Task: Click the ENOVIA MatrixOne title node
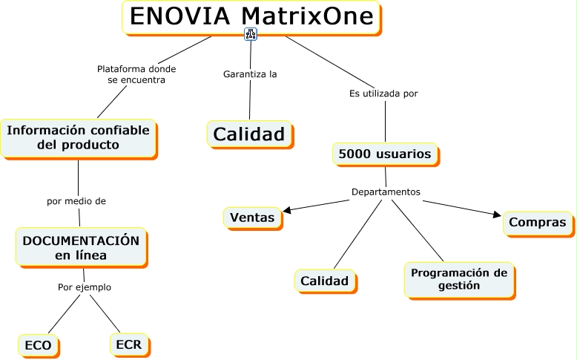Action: (251, 16)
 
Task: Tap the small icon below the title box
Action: (250, 34)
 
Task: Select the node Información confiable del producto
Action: (78, 137)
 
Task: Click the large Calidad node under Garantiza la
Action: (249, 134)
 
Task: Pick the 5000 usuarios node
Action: (384, 154)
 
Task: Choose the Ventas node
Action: (252, 217)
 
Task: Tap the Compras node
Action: (538, 222)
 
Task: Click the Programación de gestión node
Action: (459, 278)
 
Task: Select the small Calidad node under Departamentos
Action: (323, 281)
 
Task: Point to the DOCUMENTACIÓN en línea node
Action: (81, 247)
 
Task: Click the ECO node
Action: (38, 345)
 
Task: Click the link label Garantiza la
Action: (250, 74)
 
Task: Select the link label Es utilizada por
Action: (383, 94)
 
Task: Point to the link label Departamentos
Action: (386, 192)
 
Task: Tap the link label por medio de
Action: (76, 200)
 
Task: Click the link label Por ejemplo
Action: (85, 287)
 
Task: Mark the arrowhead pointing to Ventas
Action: (287, 211)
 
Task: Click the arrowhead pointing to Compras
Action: (497, 215)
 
